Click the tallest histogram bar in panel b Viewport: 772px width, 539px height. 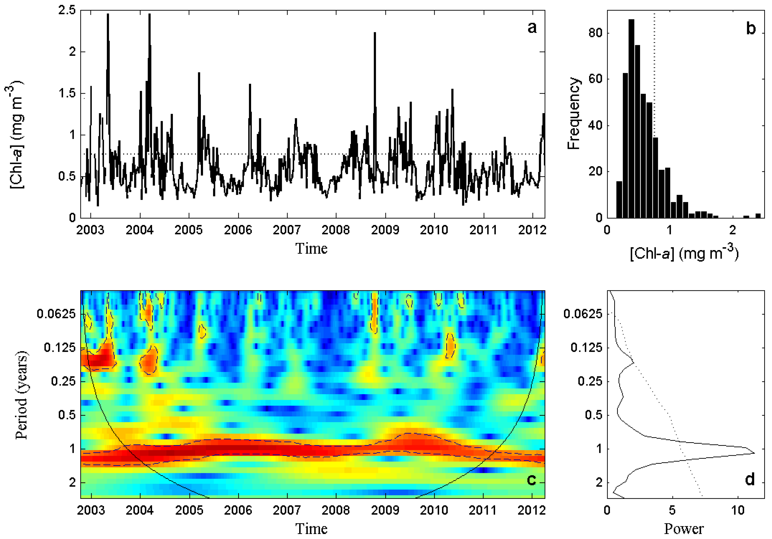631,118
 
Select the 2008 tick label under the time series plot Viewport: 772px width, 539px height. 336,230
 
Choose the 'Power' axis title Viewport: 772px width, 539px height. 684,529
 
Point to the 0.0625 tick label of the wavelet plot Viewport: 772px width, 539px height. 56,314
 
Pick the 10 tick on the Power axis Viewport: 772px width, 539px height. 738,510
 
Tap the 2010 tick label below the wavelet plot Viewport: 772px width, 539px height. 434,510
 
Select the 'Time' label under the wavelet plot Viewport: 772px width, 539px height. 311,529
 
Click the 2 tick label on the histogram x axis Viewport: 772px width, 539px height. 733,230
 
